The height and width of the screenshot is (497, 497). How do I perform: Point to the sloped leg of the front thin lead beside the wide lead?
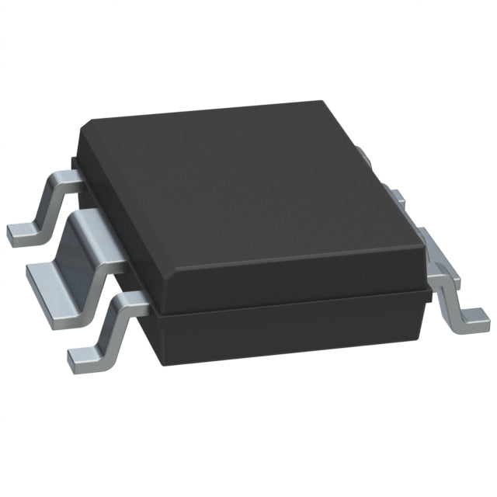(116, 326)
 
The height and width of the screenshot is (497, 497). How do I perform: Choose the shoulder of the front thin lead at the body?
(136, 305)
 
